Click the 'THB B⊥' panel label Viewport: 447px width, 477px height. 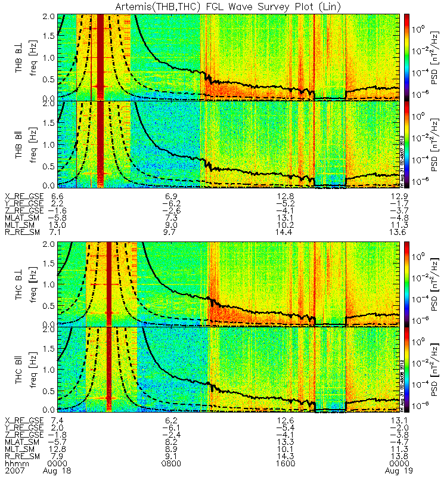(x=20, y=56)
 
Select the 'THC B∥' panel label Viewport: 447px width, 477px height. (x=20, y=368)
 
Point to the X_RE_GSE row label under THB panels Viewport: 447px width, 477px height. (x=23, y=196)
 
